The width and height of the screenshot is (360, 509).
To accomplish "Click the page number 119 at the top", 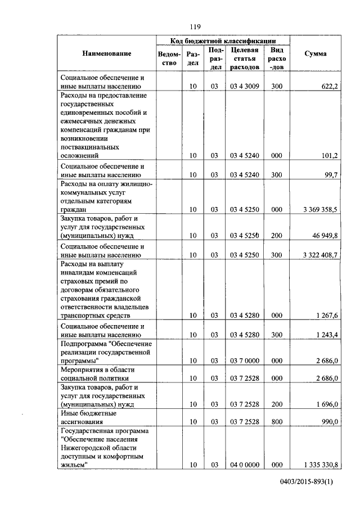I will (195, 26).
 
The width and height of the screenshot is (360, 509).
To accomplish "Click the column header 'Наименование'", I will (107, 53).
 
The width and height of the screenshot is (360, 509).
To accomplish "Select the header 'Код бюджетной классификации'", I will (223, 40).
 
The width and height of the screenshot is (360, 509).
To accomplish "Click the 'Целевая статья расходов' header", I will (245, 58).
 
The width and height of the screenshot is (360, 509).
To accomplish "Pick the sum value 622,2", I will (328, 87).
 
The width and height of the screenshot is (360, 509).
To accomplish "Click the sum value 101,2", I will (328, 156).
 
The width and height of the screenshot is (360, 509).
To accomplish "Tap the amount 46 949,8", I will (324, 236).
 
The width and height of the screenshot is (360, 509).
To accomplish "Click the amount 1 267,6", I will (326, 316).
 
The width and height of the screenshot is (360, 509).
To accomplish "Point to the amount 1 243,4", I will (326, 335).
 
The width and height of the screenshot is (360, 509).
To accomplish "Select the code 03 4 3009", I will (245, 87).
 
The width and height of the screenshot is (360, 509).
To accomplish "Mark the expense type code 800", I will (276, 421).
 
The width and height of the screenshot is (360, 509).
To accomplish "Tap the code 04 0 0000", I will (245, 465).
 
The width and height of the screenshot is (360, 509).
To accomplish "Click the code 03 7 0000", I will (245, 361).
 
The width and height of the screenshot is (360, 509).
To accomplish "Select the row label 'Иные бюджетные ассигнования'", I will (89, 417).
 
